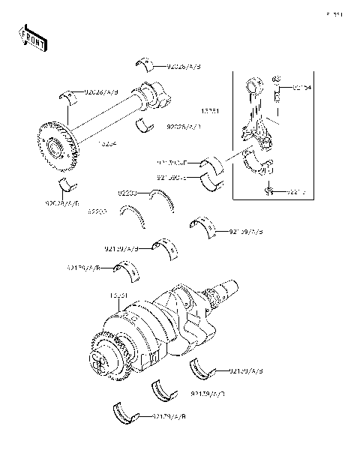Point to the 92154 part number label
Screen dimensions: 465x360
[x=301, y=88]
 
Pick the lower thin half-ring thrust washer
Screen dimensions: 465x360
[x=133, y=217]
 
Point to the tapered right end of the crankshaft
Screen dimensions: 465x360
[x=226, y=288]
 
